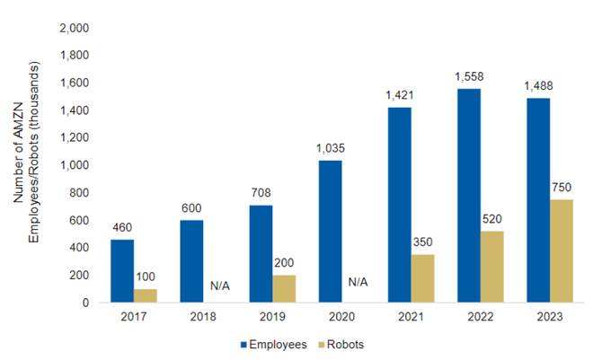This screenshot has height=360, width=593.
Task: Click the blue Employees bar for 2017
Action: tap(122, 271)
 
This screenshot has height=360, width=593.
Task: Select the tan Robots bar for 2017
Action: tap(146, 295)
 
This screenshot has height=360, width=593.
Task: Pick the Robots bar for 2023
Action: tap(562, 251)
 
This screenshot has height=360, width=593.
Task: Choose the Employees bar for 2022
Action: tap(468, 196)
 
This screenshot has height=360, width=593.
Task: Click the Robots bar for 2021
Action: tap(422, 278)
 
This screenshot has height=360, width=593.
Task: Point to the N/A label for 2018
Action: tap(220, 285)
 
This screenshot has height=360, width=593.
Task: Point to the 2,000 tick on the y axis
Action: tap(74, 29)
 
